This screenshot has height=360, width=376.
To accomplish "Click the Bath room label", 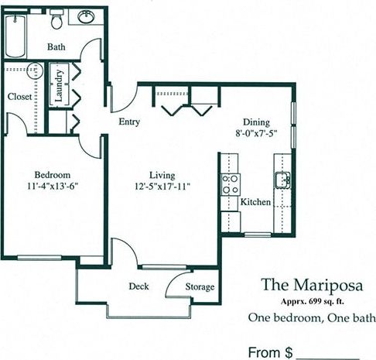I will [x=56, y=47].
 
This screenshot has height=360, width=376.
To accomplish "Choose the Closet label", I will [x=19, y=97].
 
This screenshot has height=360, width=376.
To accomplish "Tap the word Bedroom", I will [x=53, y=173].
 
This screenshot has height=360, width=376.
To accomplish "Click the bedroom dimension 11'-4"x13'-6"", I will [x=53, y=186].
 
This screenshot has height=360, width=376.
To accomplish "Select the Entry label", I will [x=128, y=122].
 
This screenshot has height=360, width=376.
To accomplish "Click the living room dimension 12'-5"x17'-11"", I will [x=162, y=187].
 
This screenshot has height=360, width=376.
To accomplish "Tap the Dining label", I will [x=257, y=122].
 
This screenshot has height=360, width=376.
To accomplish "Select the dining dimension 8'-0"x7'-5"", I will [x=257, y=133].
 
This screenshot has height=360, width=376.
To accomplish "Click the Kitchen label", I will [x=255, y=202].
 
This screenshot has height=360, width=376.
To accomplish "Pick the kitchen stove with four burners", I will [x=230, y=183].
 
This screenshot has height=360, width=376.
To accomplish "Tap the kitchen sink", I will [x=282, y=180].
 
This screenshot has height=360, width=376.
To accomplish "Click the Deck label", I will [x=138, y=286].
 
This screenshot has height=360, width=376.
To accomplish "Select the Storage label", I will [x=200, y=287].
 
